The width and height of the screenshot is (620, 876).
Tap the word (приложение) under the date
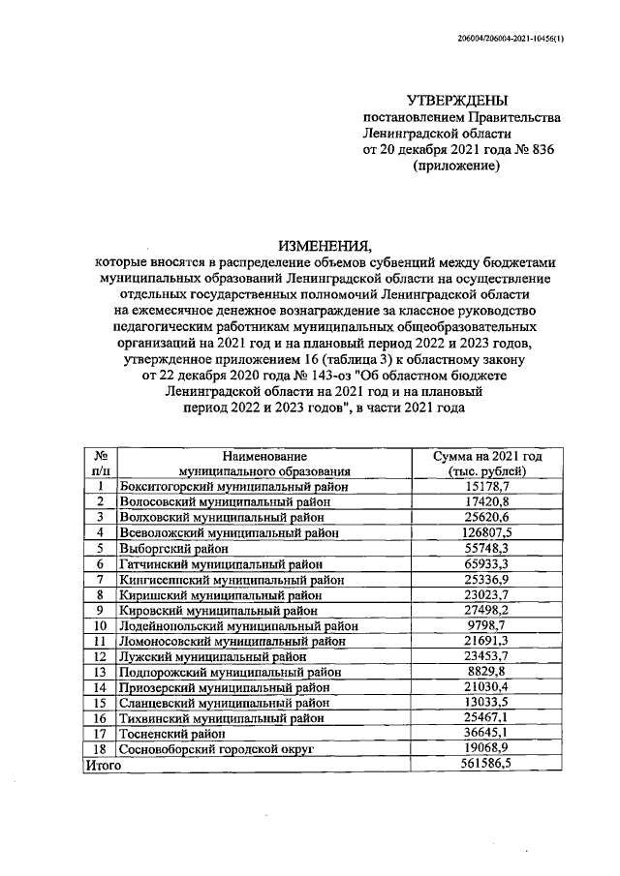[x=456, y=166]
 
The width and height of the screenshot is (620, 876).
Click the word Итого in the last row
[x=102, y=765]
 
